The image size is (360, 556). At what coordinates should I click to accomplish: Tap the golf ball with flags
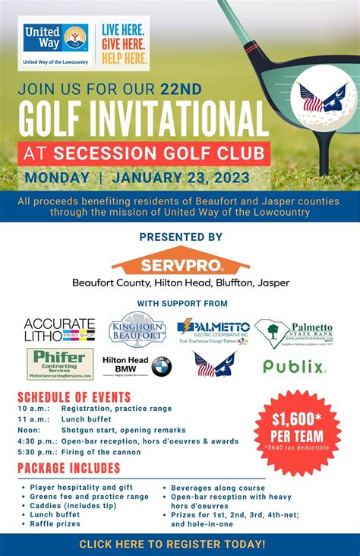[x=323, y=98]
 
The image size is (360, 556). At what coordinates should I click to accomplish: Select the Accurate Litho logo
[x=59, y=330]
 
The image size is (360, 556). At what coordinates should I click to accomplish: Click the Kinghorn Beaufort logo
[x=137, y=329]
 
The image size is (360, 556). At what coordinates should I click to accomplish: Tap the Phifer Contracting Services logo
[x=60, y=364]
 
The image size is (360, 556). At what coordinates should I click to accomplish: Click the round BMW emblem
[x=161, y=367]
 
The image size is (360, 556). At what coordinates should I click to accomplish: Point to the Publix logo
[x=294, y=367]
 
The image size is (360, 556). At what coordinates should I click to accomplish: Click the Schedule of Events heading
[x=74, y=397]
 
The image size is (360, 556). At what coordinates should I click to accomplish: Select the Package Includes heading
[x=69, y=468]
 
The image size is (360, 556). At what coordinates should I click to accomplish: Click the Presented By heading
[x=180, y=237]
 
